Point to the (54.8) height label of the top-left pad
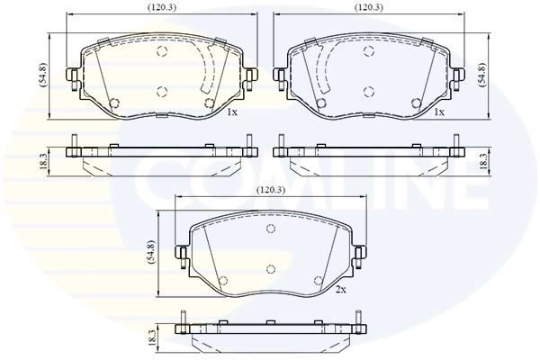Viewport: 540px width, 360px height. [41, 76]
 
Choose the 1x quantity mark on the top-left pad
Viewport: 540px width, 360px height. [231, 112]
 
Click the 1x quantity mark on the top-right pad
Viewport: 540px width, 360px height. [438, 112]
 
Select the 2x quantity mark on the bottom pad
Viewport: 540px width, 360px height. [341, 290]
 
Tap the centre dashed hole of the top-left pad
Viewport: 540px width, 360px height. [163, 90]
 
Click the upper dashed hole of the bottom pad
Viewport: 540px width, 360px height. [271, 229]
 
